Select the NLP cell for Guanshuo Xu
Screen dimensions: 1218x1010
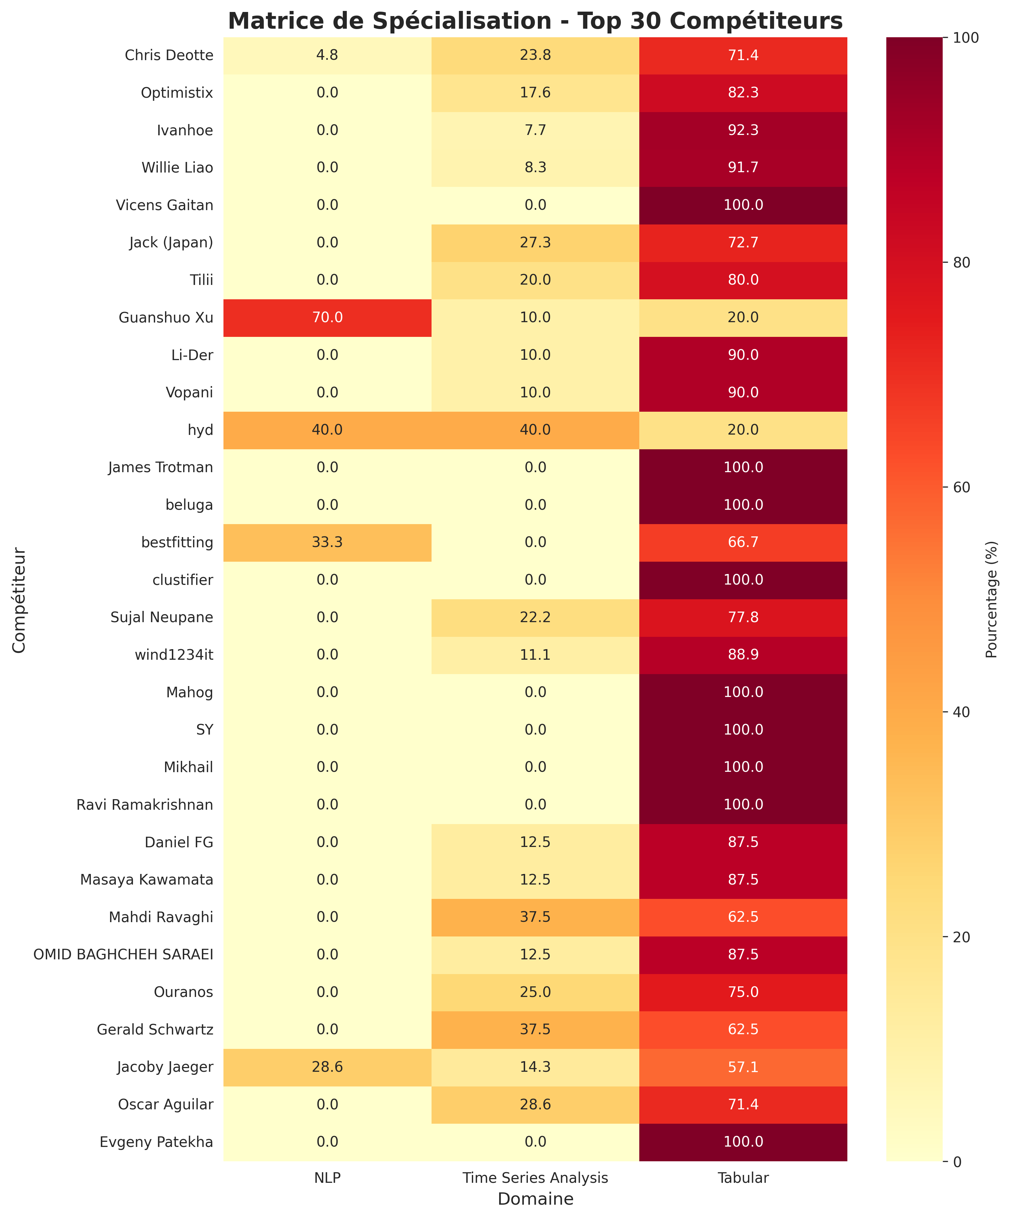pos(327,317)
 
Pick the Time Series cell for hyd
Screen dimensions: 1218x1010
pos(535,430)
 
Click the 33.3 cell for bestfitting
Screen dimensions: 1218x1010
pos(327,542)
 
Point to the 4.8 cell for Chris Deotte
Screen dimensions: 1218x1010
pos(327,55)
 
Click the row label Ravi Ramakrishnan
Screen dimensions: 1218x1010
pos(145,805)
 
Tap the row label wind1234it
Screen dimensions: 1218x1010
pos(174,655)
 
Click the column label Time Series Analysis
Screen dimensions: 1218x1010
pos(535,1178)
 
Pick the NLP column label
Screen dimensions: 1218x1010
pos(327,1178)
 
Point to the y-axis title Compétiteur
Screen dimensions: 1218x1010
pos(19,599)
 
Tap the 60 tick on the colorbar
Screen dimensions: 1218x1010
pos(961,487)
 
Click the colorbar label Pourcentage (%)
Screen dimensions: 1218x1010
pos(992,599)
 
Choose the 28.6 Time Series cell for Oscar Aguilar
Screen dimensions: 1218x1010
pos(535,1104)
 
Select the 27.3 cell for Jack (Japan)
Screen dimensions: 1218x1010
pos(535,243)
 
